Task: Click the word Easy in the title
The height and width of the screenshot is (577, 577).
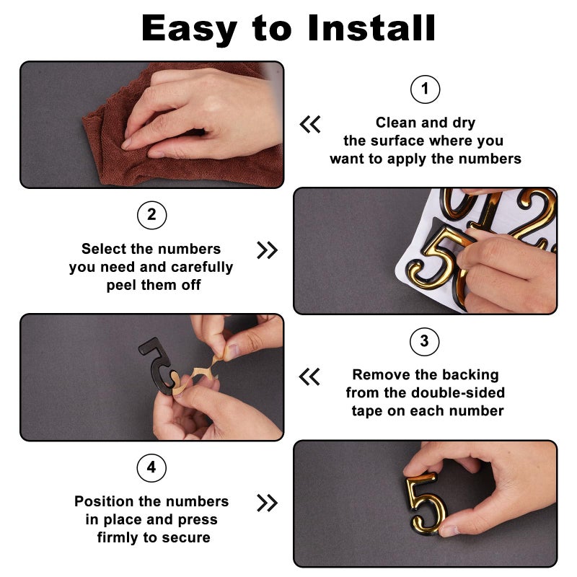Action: tap(189, 30)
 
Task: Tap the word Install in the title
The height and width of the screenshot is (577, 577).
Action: tap(371, 28)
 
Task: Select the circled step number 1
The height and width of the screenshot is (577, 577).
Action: tap(425, 89)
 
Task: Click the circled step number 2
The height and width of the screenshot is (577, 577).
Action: tap(151, 215)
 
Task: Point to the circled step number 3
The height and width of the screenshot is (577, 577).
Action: tap(424, 341)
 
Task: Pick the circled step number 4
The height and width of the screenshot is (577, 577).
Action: tap(151, 467)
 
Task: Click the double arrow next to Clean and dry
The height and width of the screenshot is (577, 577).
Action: tap(310, 124)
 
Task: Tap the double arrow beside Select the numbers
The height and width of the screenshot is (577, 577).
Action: tap(267, 250)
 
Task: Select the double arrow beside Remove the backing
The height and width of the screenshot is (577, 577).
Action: tap(309, 376)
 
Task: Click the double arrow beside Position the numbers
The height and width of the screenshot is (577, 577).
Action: tap(267, 503)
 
